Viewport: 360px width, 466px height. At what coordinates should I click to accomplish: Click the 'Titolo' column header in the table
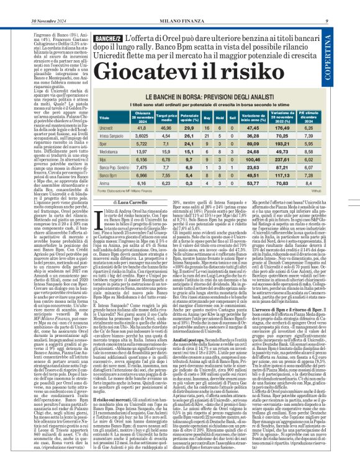pos(104,117)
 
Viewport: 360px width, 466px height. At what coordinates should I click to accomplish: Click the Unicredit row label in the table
pos(109,128)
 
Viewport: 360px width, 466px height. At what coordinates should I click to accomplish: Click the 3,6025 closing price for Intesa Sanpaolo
pos(142,136)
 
